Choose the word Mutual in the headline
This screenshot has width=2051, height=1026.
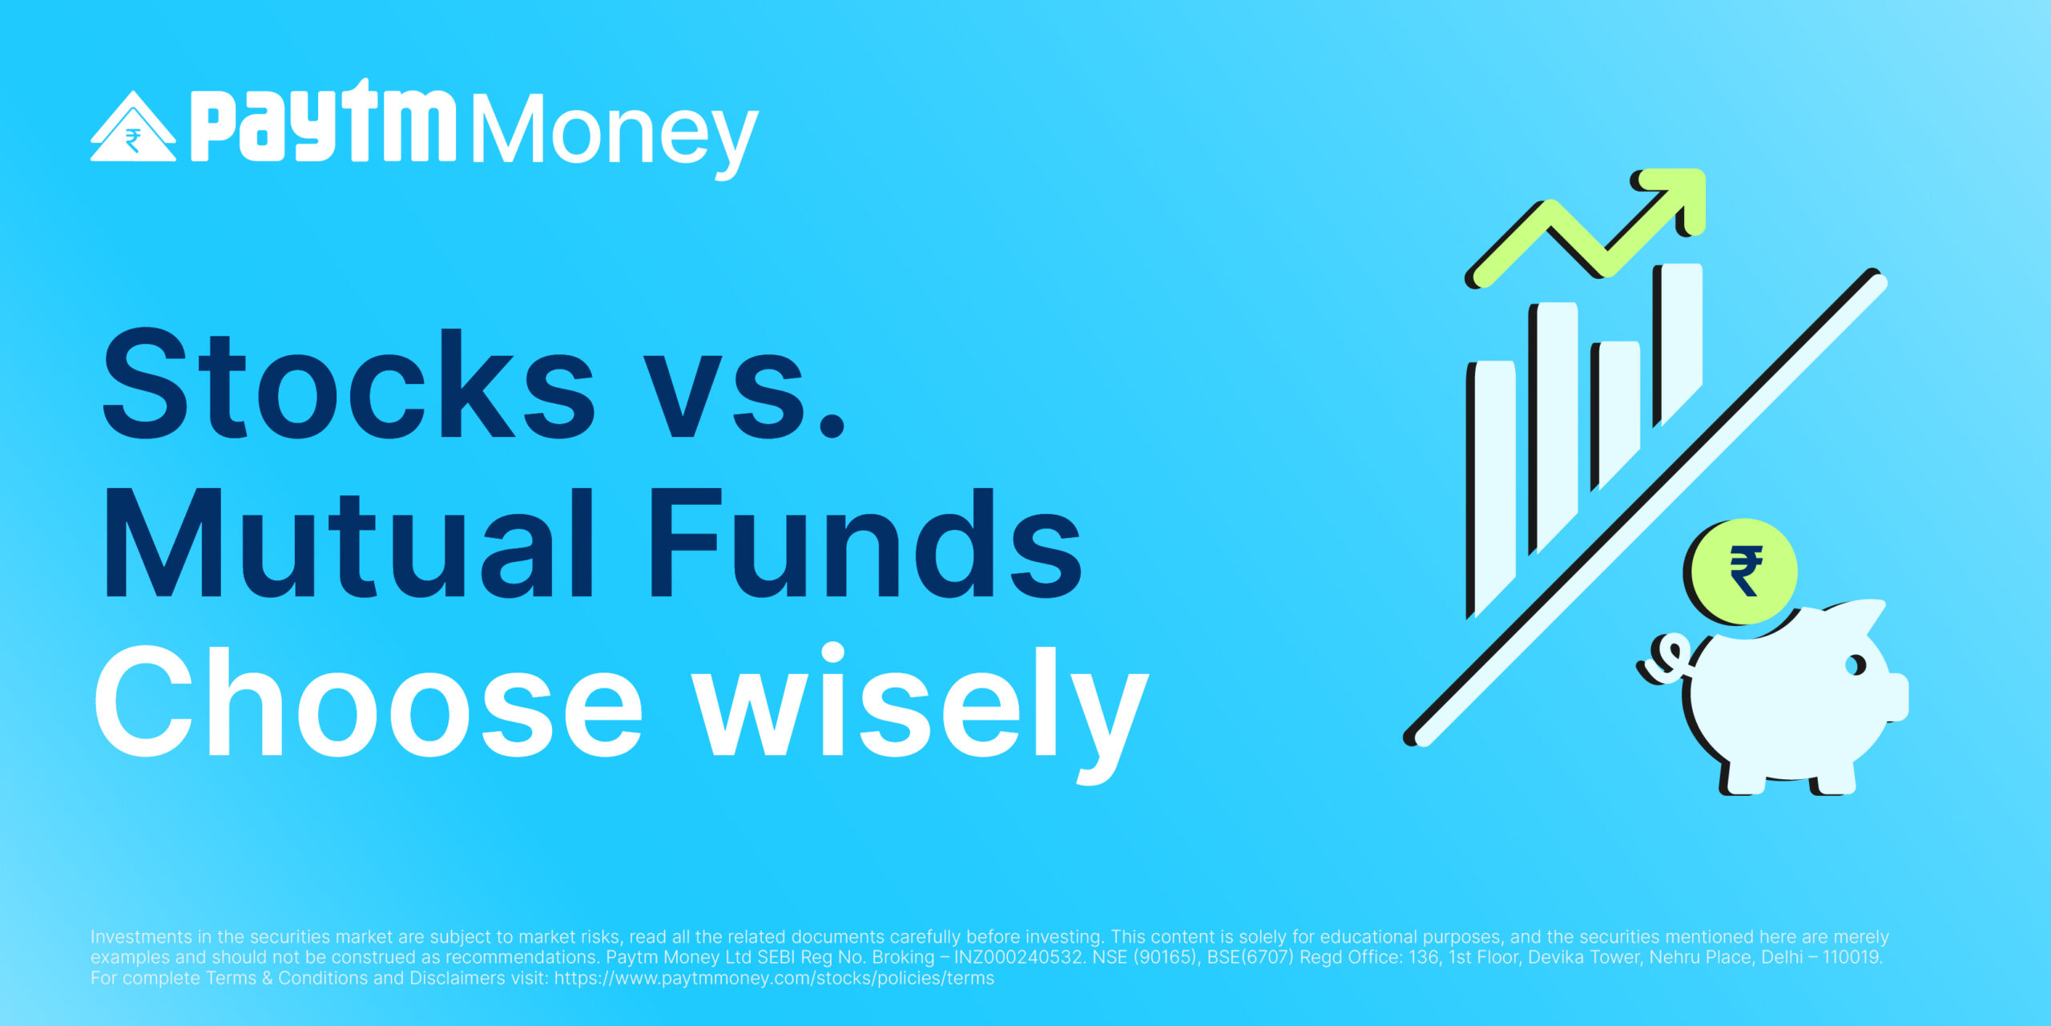point(349,543)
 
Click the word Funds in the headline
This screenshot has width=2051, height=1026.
point(864,543)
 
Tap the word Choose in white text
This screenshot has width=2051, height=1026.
point(369,700)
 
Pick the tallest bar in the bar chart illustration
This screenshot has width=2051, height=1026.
point(1678,345)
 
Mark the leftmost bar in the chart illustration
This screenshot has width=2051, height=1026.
point(1491,489)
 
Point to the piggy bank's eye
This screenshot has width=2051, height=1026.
point(1856,665)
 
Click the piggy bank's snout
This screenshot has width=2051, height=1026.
point(1895,697)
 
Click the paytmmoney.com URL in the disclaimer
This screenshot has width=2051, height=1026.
point(774,978)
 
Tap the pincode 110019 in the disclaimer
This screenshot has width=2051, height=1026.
point(1851,957)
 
